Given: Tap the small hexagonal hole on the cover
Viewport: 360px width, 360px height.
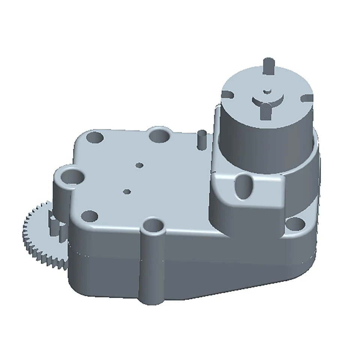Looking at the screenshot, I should [127, 192].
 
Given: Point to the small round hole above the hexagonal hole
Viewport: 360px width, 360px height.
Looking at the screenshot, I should [139, 165].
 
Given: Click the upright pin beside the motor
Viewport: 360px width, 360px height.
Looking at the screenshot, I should [201, 140].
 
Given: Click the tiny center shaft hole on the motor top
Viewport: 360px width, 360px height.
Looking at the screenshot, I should [267, 91].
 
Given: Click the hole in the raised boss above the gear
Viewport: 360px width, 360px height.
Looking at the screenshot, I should [72, 175].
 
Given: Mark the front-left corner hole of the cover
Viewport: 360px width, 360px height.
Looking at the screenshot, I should [89, 216].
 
